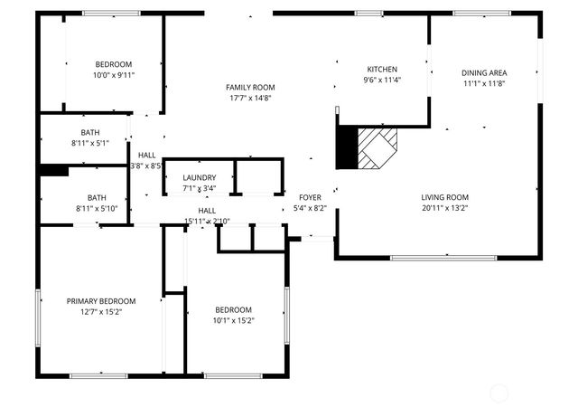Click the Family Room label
(250, 87)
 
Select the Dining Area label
(484, 73)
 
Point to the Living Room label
(445, 197)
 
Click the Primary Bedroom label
(101, 301)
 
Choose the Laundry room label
(199, 177)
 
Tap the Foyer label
(310, 197)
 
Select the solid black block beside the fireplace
(346, 147)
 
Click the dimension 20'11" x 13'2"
(445, 208)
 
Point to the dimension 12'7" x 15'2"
(101, 312)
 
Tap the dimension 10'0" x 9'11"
(114, 75)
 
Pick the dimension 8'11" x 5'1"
(90, 143)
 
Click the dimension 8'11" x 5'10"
(97, 209)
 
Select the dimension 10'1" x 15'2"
(233, 320)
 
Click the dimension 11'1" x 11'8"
(484, 84)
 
